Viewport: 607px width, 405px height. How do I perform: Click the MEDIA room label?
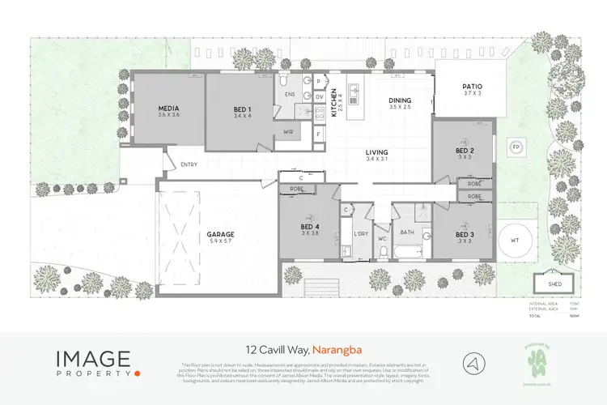tap(168, 109)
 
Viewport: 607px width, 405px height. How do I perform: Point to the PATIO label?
tap(472, 86)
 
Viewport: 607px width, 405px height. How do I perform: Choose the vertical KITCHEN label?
tap(333, 104)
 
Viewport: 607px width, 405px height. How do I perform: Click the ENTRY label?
tap(189, 165)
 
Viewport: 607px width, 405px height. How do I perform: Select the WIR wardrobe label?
tap(288, 131)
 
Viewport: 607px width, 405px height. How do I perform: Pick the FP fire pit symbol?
tap(515, 148)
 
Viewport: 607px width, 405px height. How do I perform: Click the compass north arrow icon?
tap(473, 362)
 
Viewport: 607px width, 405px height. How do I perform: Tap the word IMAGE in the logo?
tap(92, 357)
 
